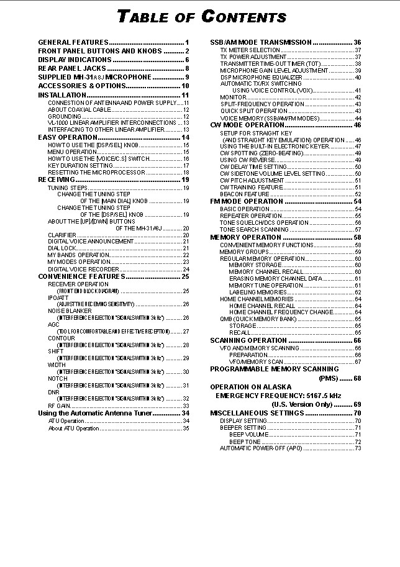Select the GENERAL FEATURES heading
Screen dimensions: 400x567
73,42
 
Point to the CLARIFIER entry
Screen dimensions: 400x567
62,235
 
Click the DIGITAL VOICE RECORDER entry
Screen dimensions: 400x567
83,270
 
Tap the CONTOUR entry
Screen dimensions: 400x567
61,338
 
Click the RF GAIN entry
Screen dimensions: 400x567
59,406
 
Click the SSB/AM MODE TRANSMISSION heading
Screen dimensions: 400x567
261,42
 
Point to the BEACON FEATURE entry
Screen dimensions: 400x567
244,194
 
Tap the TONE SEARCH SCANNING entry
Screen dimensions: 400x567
250,229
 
